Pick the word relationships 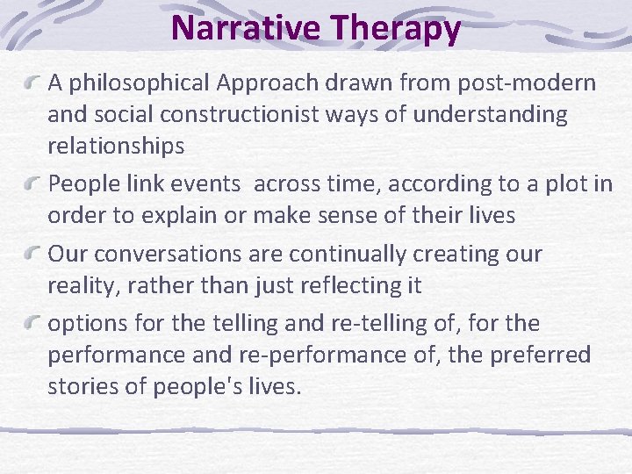pos(116,147)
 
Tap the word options pos(86,324)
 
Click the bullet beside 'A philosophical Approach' pos(32,83)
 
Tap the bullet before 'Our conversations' pos(32,255)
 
